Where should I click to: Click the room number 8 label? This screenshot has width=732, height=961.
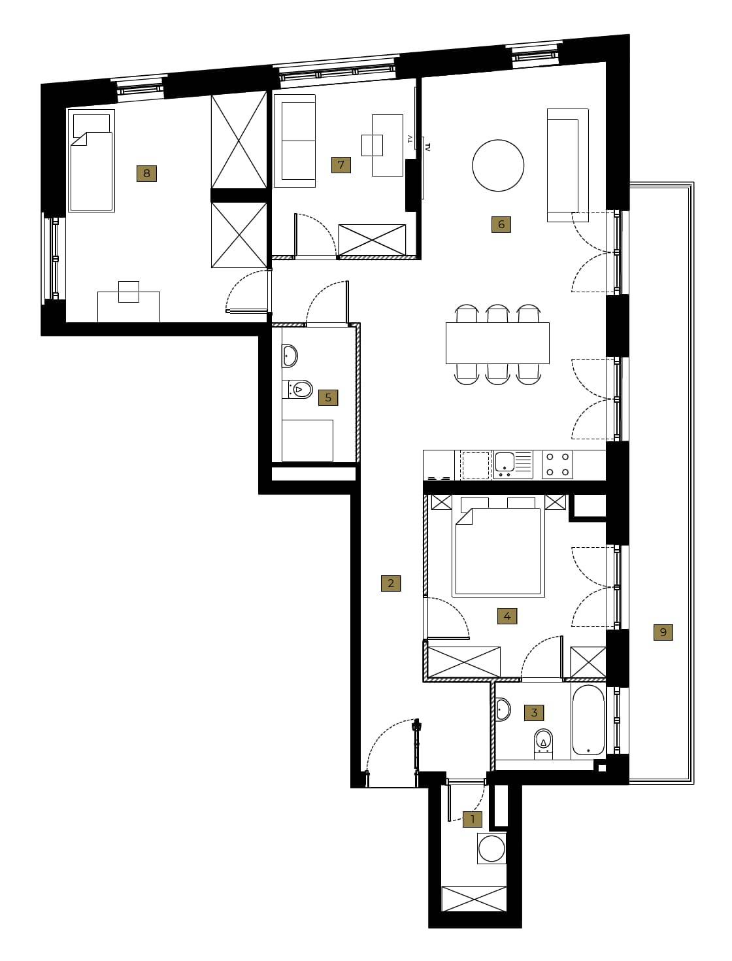146,173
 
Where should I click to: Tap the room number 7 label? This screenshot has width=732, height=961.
341,165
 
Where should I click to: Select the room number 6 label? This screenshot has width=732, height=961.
501,225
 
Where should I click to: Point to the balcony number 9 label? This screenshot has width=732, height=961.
663,632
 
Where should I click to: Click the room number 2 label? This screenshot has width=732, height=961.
391,583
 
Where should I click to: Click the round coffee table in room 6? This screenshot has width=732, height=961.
498,165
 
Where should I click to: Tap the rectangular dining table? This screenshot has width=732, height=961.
497,343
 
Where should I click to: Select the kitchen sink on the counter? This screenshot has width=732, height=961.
514,465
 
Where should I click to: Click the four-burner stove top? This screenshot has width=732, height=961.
557,465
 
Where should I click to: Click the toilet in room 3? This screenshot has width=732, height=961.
543,744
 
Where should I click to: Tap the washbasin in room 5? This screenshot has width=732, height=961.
290,356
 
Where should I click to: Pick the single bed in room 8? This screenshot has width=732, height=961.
91,161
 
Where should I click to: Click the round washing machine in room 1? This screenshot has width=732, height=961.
491,848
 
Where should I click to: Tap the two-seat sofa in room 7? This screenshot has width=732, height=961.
295,141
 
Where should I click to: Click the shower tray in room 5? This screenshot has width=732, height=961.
307,441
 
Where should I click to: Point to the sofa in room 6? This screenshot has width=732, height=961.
567,165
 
